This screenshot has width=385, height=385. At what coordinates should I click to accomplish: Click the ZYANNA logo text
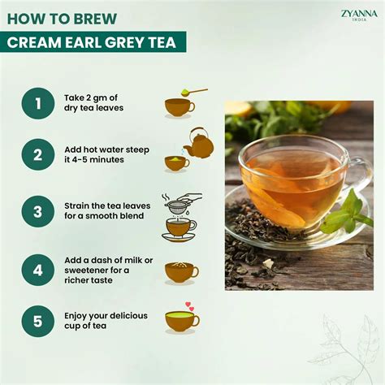point(359,11)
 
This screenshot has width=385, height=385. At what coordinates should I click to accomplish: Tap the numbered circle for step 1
point(38,103)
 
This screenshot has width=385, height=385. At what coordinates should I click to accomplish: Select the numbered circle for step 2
point(38,154)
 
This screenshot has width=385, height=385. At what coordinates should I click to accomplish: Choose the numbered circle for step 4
point(38,267)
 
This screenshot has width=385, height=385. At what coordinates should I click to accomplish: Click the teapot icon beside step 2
point(197,144)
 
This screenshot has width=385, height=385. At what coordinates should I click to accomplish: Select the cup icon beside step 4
point(180,271)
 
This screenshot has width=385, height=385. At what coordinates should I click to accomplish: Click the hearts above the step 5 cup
point(189,307)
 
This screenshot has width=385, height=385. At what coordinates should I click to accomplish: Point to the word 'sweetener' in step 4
point(90,270)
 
